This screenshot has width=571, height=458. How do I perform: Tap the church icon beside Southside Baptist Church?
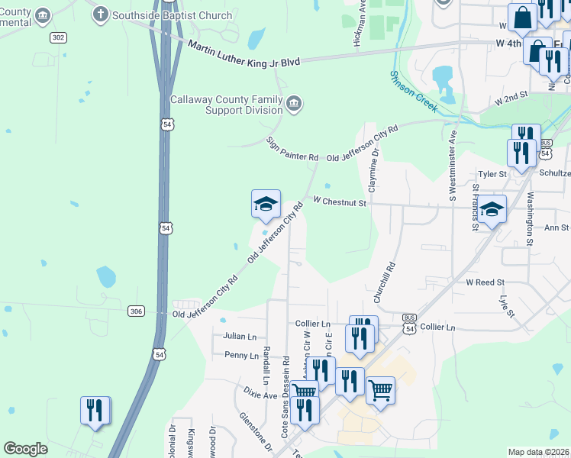point(100,14)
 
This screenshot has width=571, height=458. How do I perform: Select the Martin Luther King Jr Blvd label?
point(244,53)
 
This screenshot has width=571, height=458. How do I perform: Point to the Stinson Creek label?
point(413,92)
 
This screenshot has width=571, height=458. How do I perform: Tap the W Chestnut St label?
point(340,202)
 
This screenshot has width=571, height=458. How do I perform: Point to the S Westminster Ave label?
point(453,166)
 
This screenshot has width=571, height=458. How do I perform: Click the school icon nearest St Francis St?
point(492,209)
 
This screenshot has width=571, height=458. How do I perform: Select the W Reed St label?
point(486,282)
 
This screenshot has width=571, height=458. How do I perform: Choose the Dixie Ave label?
point(260,395)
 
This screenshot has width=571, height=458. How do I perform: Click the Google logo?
point(26,449)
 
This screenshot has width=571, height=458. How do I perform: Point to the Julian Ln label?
point(240,336)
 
